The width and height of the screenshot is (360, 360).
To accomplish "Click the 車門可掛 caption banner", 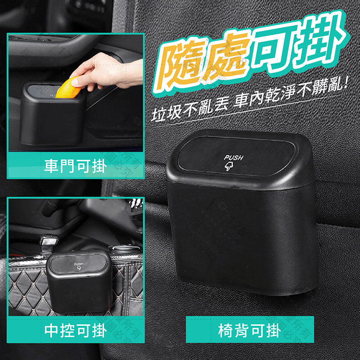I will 76,166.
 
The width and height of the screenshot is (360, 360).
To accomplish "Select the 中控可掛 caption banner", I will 76,331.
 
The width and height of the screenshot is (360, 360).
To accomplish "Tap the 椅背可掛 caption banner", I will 250,331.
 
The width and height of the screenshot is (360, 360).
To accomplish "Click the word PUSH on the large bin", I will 233,158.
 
